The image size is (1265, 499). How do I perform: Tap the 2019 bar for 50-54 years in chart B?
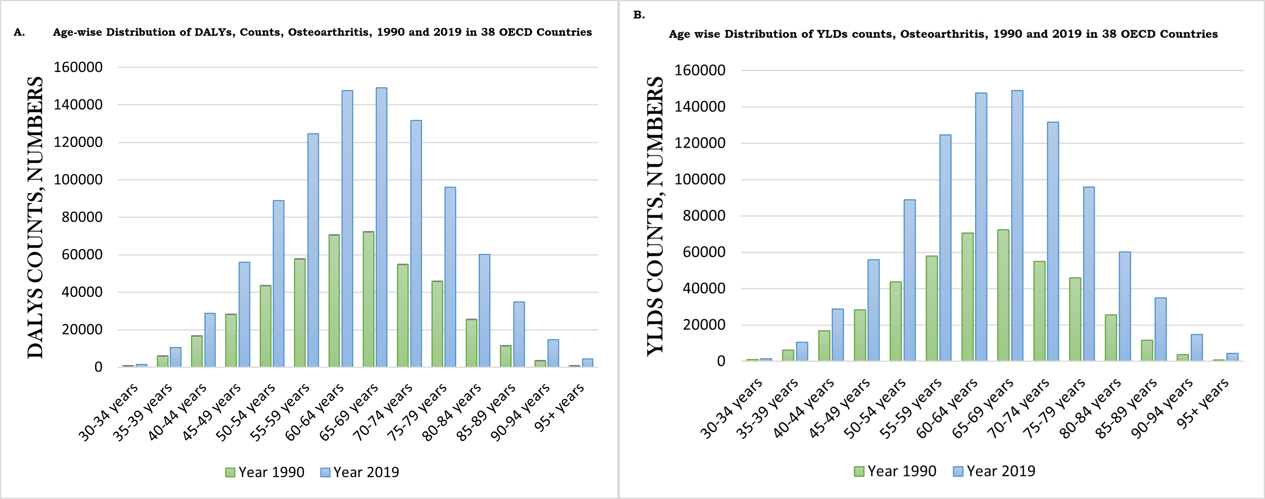pyautogui.click(x=909, y=280)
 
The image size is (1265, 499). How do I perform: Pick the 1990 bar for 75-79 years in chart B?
pyautogui.click(x=1075, y=319)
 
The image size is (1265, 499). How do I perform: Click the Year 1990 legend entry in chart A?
pyautogui.click(x=265, y=472)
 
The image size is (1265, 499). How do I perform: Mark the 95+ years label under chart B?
pyautogui.click(x=1203, y=404)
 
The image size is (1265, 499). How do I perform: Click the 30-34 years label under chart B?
pyautogui.click(x=732, y=408)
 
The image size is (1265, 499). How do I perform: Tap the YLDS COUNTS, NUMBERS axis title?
pyautogui.click(x=655, y=216)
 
